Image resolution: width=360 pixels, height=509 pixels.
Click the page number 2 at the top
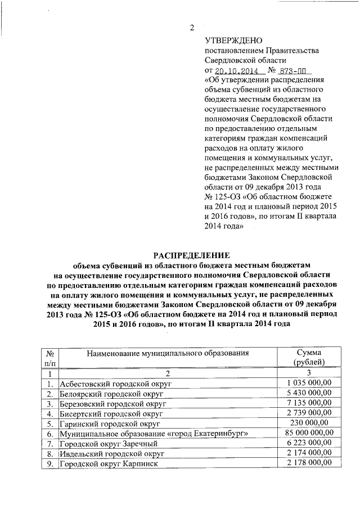pyautogui.click(x=191, y=28)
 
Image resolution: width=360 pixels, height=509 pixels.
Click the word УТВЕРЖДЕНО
pyautogui.click(x=231, y=40)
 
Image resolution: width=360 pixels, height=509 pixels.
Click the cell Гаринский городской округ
pyautogui.click(x=110, y=424)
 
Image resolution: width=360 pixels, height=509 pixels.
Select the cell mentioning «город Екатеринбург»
pyautogui.click(x=155, y=434)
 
